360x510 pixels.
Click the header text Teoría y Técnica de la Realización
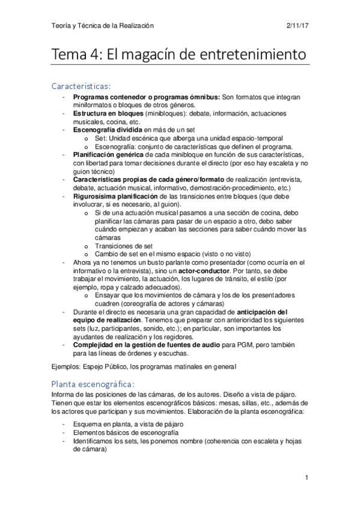coord(103,26)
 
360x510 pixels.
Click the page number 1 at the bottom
coord(307,478)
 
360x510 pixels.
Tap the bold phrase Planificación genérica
coord(109,154)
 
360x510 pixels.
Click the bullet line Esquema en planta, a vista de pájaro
coord(128,424)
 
